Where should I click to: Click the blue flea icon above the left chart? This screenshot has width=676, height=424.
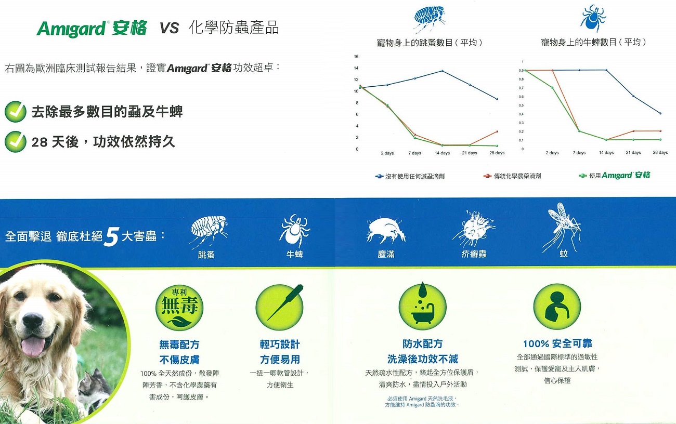click(x=429, y=18)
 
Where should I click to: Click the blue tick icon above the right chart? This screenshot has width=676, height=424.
click(x=593, y=19)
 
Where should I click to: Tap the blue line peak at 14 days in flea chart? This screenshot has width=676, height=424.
click(x=442, y=71)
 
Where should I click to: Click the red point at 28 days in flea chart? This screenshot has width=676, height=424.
click(x=497, y=131)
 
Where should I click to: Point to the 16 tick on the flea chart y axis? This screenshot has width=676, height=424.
click(x=356, y=57)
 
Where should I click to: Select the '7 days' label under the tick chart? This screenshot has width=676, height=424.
click(x=579, y=153)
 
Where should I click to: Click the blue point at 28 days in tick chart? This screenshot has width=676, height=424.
click(x=660, y=113)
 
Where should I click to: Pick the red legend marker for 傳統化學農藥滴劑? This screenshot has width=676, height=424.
click(x=487, y=176)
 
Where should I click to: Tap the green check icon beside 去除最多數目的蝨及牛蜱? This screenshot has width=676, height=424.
click(x=16, y=112)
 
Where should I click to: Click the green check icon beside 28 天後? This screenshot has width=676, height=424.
click(x=16, y=142)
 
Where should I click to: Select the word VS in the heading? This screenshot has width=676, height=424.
click(x=170, y=28)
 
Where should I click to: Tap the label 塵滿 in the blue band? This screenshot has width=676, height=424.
click(x=386, y=254)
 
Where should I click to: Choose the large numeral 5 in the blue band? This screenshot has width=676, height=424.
click(x=111, y=237)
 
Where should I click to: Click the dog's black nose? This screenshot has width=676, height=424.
click(x=33, y=321)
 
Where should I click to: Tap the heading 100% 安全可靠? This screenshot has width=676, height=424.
click(x=557, y=343)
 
